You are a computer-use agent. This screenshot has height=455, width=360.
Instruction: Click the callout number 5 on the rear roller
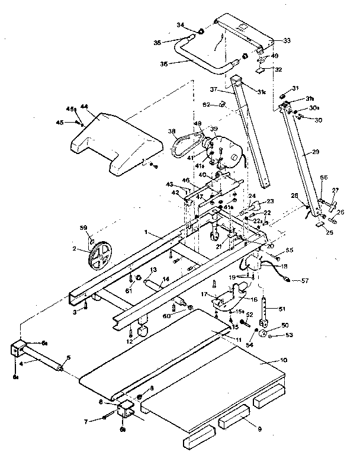[x=68, y=357]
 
